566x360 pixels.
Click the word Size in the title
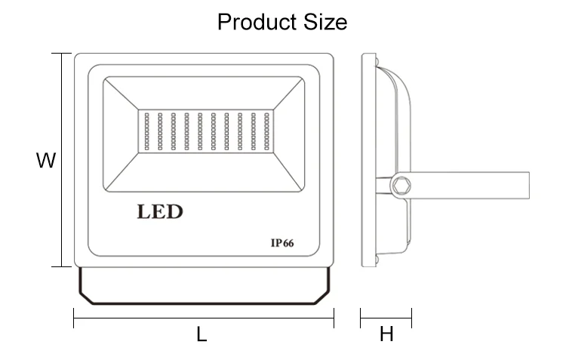[x=326, y=22]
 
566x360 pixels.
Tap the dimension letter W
[x=47, y=161]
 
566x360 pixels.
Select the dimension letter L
[x=201, y=334]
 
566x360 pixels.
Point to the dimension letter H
[x=386, y=334]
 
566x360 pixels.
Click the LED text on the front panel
[x=159, y=211]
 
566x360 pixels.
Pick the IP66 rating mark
[x=281, y=243]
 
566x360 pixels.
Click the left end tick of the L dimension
[x=74, y=318]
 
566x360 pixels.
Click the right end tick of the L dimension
[x=334, y=318]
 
